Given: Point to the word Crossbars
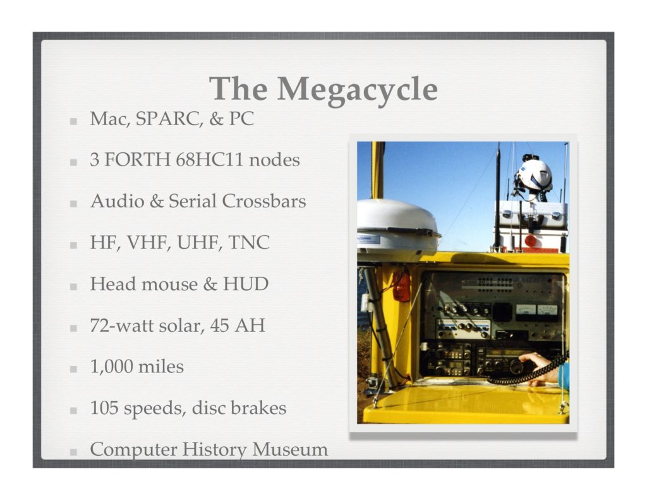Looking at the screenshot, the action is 264,201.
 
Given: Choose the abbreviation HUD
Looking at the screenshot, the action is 246,284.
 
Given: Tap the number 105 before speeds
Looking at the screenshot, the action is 104,408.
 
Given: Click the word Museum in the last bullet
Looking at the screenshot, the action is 290,449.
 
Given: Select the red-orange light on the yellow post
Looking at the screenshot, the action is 401,285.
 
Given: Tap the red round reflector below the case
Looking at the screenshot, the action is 530,241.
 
